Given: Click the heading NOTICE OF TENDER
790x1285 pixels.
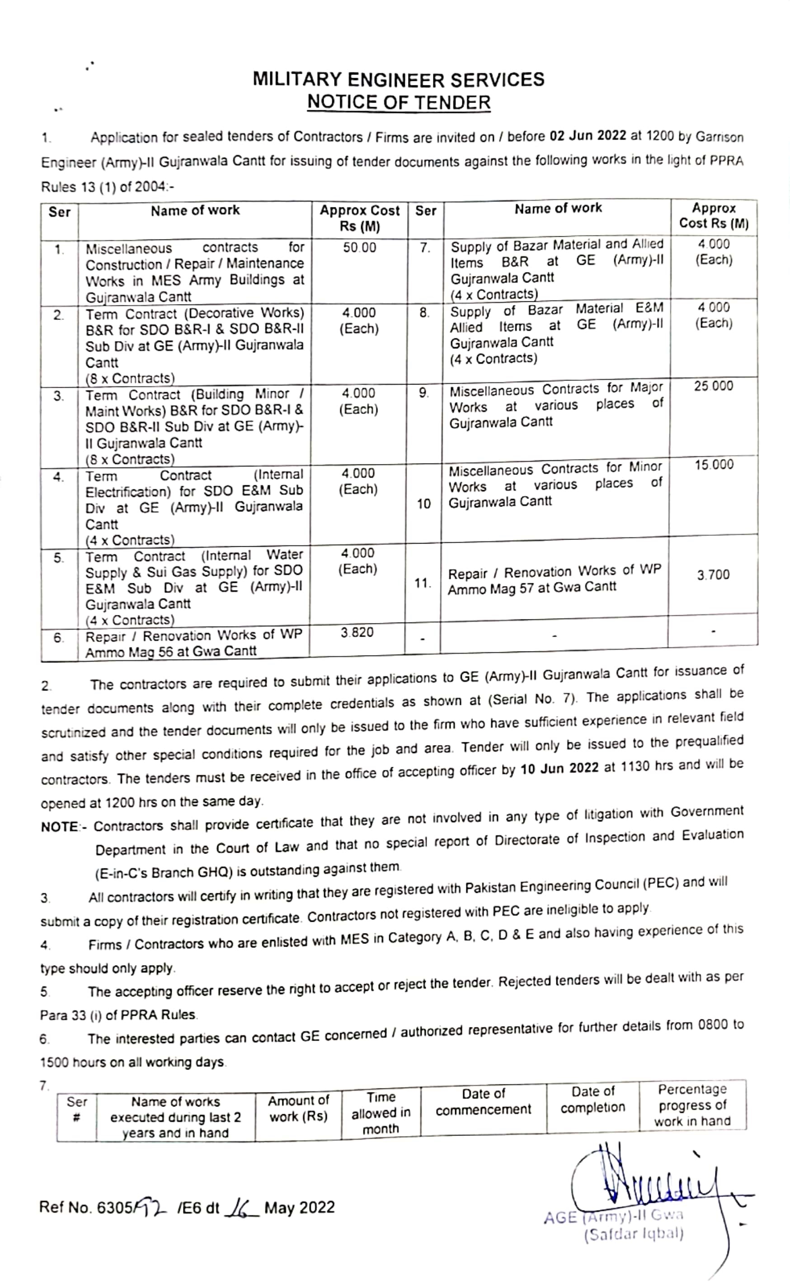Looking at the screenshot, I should [x=399, y=103].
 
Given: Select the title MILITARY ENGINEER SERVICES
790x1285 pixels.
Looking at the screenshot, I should [x=399, y=80].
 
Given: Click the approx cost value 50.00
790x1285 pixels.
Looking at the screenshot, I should [x=359, y=248].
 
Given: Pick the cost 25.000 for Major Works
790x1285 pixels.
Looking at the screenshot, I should [x=714, y=387].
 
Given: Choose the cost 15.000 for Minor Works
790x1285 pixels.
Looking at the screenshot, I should [x=714, y=465].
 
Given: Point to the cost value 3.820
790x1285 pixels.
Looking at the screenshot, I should [x=357, y=633].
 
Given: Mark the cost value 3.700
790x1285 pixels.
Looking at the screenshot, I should [x=713, y=575].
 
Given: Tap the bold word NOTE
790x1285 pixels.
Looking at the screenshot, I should [x=59, y=827].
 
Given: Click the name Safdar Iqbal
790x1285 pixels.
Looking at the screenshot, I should [x=634, y=1235].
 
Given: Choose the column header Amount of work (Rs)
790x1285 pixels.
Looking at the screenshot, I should [x=298, y=1108].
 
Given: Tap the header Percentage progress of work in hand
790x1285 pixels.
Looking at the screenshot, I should [x=692, y=1105].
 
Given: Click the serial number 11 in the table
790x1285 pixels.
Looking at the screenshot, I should [x=423, y=583].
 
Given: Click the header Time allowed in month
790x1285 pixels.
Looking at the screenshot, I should [x=381, y=1112].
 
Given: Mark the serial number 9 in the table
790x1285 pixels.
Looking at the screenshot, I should [x=423, y=393].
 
